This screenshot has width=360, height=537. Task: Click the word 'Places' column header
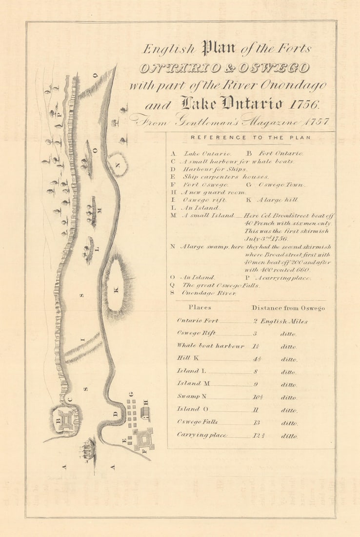point(200,308)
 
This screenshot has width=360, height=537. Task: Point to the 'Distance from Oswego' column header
point(288,308)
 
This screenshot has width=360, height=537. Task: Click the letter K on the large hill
point(116,290)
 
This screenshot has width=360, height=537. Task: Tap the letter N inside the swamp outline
point(117,165)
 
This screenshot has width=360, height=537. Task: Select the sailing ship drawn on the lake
point(87,449)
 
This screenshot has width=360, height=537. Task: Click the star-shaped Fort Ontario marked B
point(65,419)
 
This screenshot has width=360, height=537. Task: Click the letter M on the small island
point(99,210)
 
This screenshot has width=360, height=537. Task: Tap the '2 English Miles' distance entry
point(280,321)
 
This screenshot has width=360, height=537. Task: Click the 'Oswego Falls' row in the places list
point(197,422)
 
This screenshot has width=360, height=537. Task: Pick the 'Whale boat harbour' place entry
point(210,346)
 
